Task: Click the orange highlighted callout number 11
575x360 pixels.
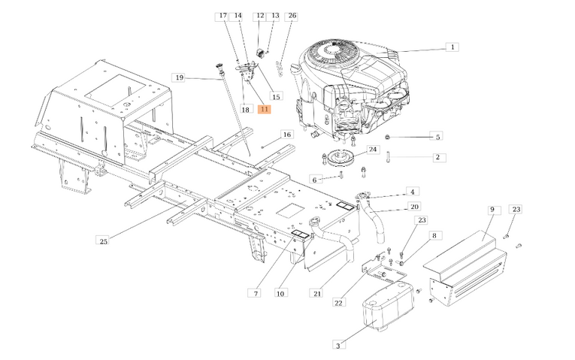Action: click(264, 109)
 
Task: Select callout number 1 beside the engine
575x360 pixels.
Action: click(452, 47)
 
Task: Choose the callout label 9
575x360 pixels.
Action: click(491, 209)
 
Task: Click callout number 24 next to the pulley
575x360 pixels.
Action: click(373, 150)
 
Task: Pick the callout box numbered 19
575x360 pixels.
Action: click(179, 77)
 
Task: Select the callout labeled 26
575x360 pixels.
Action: click(292, 16)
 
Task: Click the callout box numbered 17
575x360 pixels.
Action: click(222, 16)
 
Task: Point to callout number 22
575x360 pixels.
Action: click(339, 303)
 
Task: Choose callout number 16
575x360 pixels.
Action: click(286, 135)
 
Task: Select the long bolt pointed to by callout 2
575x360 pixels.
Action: click(389, 159)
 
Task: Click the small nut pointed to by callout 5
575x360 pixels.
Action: click(387, 137)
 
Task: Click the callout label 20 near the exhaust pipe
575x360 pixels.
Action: click(414, 207)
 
